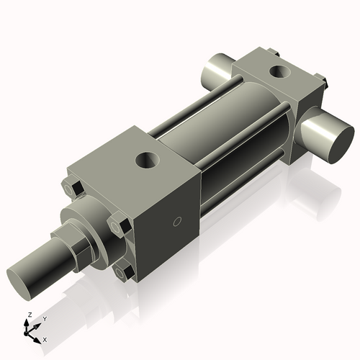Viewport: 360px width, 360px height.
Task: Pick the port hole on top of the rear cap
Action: coord(279,71)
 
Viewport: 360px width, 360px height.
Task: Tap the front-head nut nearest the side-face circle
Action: coord(119,227)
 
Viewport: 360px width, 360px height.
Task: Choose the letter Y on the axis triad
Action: coord(44,318)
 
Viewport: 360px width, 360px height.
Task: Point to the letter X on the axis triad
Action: coord(45,338)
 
